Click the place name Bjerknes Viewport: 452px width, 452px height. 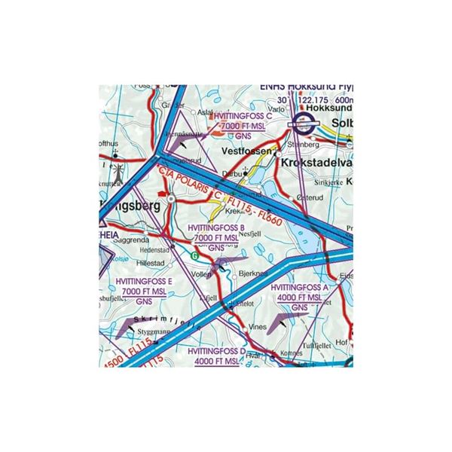[x=256, y=273]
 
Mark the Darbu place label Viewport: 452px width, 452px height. [x=229, y=174]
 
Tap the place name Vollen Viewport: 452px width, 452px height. [x=202, y=276]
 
